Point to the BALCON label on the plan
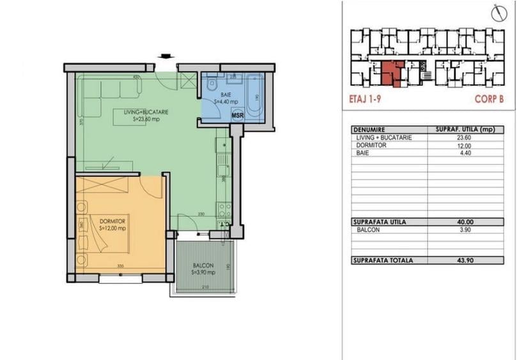point(203,265)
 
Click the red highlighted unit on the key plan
point(390,73)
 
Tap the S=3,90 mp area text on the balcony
point(203,272)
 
